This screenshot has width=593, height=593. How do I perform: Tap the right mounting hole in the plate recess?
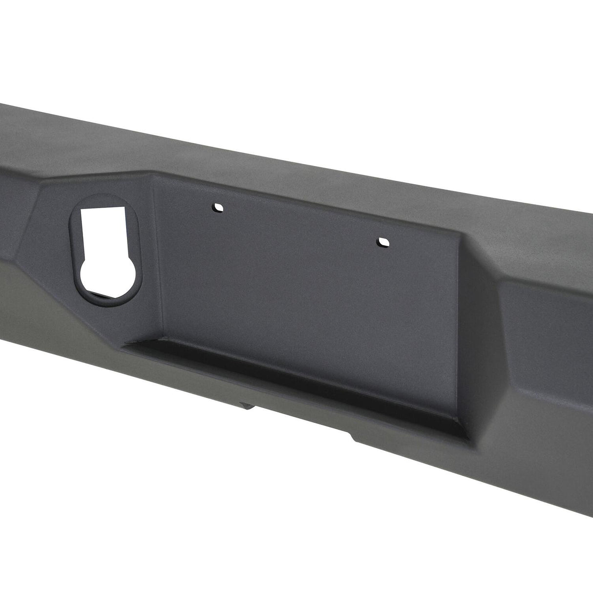click(382, 242)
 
